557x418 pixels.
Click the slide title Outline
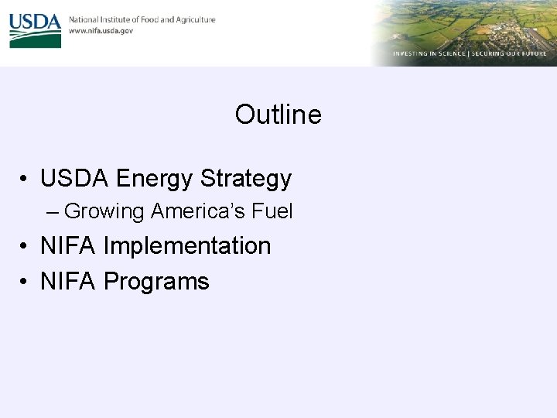tap(278, 115)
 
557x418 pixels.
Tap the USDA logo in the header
tap(35, 29)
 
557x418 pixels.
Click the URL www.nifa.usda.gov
tap(101, 31)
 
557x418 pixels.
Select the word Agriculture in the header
tap(194, 19)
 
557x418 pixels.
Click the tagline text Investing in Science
tap(428, 54)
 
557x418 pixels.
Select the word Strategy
tap(246, 179)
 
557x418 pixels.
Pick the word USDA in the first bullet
tap(74, 179)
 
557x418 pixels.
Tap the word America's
tap(198, 211)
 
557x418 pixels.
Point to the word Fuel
tap(272, 211)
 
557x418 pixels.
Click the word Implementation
tap(186, 246)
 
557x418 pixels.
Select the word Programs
tap(156, 281)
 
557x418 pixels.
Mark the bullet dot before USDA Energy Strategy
tap(26, 180)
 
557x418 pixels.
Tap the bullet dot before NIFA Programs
tap(26, 282)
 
